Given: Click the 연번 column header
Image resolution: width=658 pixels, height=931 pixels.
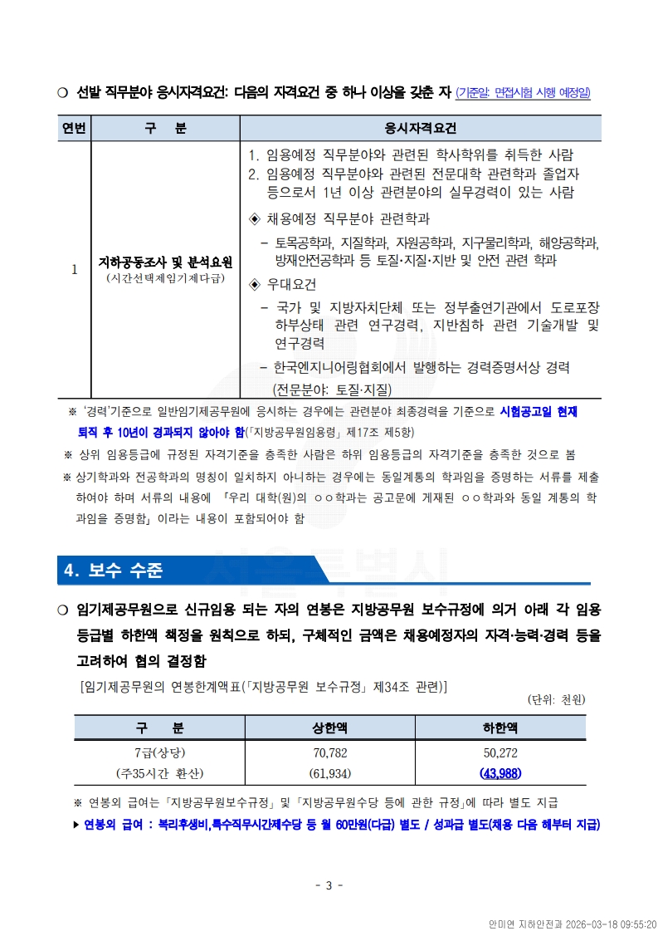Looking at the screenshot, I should [74, 129].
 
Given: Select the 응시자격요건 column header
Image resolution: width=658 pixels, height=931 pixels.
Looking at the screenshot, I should [421, 129].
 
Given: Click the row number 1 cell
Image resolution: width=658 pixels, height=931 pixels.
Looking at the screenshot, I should [74, 269].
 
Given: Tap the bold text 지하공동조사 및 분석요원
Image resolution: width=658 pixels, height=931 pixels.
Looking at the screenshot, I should [165, 262].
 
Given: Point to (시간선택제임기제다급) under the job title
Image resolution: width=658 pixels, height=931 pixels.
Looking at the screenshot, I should [165, 277].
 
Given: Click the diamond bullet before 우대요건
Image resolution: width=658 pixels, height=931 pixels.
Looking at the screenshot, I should [256, 285].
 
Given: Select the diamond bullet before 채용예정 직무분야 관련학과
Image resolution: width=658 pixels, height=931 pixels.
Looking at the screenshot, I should [256, 219].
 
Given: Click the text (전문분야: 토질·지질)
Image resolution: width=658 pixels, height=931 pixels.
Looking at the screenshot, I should [332, 389].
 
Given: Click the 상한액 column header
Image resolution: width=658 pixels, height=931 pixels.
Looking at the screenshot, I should [330, 728].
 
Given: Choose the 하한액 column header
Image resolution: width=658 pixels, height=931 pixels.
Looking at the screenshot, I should [500, 728].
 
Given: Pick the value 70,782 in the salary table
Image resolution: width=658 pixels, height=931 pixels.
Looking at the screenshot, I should [330, 753].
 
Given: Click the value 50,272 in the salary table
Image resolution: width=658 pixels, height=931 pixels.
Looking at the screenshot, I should [500, 753].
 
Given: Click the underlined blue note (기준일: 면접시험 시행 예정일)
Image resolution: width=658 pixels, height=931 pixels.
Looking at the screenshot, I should [524, 93].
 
